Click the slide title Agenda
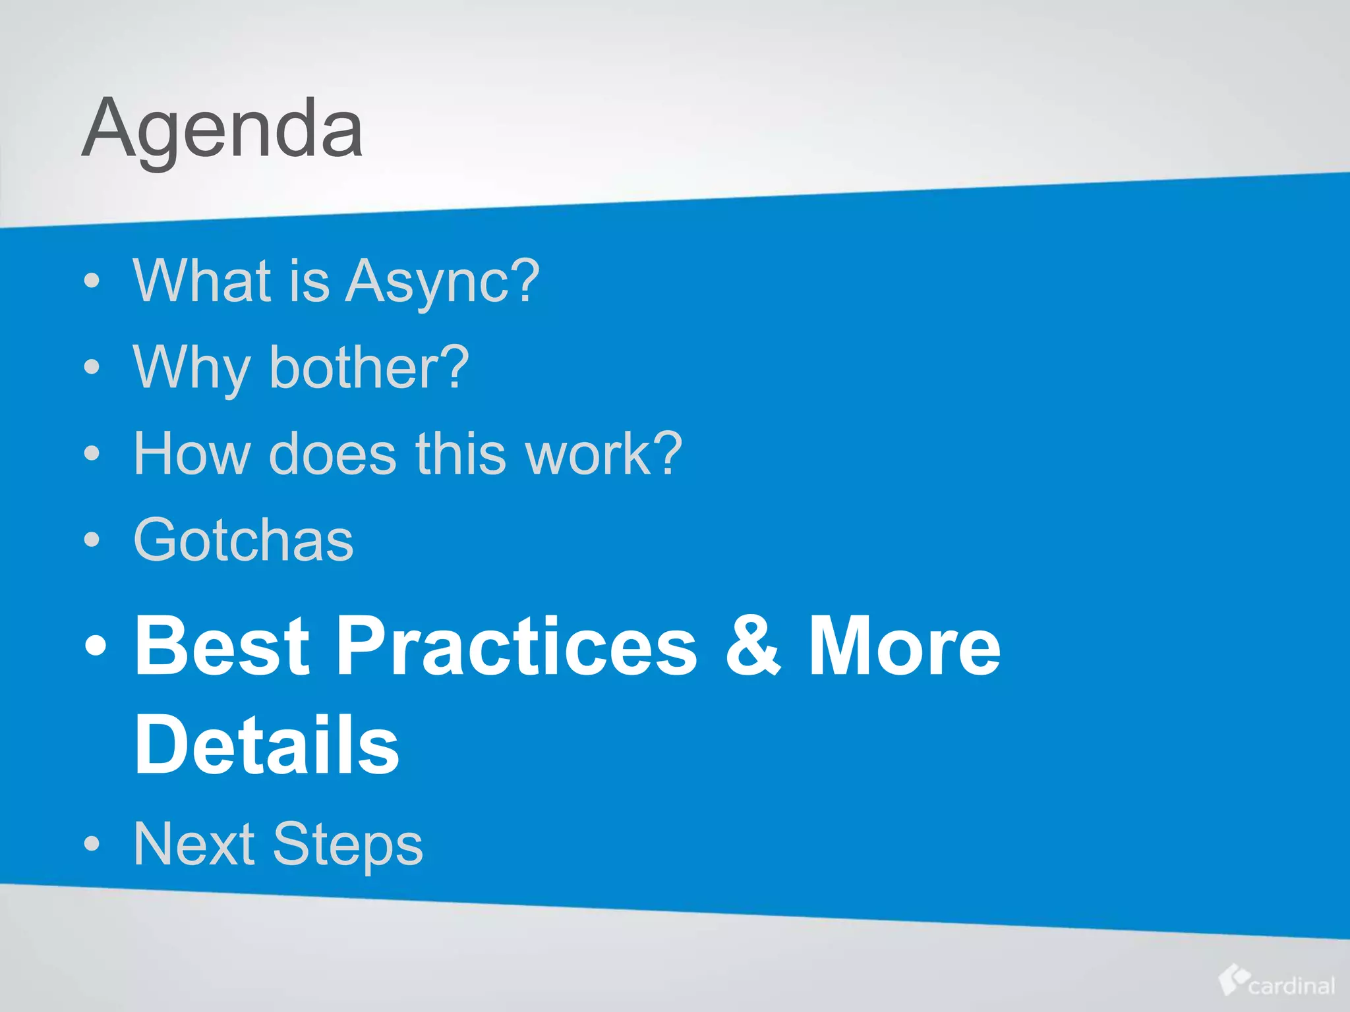(x=222, y=128)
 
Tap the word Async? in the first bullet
(x=442, y=281)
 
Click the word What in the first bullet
(x=202, y=281)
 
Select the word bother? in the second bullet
(x=369, y=368)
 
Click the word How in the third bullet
(x=192, y=454)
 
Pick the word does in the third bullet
(x=333, y=454)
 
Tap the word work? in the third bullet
(x=602, y=454)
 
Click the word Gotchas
(x=243, y=540)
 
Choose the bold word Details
(x=266, y=745)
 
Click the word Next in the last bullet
(x=194, y=844)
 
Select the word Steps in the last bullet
(x=347, y=845)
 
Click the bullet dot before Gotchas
(x=92, y=540)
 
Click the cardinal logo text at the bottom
(x=1291, y=986)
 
